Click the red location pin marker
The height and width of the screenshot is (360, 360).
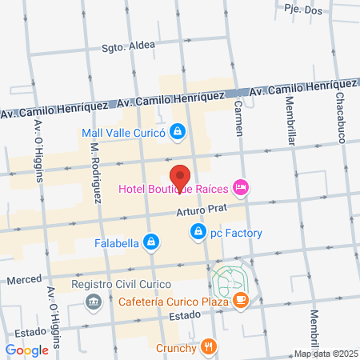coord(181,177)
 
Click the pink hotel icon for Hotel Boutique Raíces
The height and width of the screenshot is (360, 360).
coord(241,189)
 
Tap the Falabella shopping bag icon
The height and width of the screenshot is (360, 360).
coord(150,241)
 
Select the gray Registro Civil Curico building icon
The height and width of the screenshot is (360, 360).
coord(94,301)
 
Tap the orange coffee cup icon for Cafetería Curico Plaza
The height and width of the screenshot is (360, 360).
coord(241,301)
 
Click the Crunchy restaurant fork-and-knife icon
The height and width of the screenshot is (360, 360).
coord(209,347)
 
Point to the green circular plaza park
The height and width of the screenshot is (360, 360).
coord(231,278)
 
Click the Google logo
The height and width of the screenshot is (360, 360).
coord(26,350)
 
